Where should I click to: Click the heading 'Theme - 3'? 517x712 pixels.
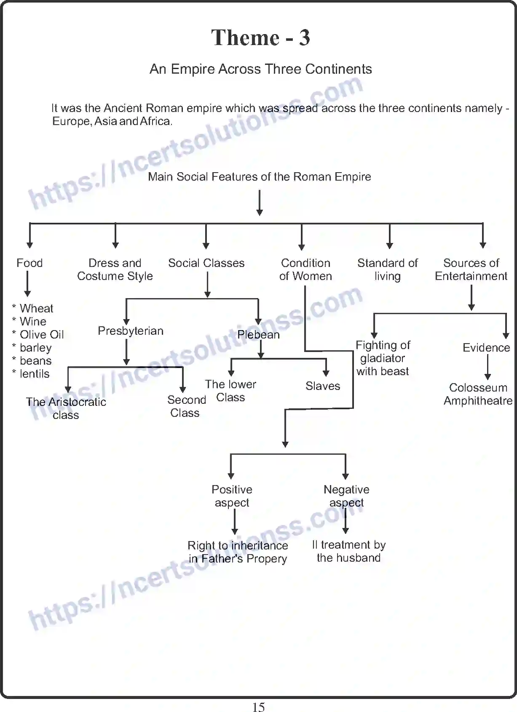click(260, 38)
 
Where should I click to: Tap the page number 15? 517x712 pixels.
click(258, 707)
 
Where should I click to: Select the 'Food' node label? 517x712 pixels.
click(29, 263)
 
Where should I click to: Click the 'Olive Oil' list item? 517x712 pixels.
click(42, 335)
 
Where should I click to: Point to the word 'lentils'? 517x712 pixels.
click(35, 374)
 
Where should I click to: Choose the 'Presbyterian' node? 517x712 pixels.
click(131, 331)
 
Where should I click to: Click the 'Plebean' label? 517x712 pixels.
click(258, 335)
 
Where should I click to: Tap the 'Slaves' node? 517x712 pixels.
click(323, 386)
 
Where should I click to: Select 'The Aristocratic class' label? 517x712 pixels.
click(66, 408)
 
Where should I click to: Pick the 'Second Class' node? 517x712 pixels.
click(186, 406)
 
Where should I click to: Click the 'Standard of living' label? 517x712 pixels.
click(387, 269)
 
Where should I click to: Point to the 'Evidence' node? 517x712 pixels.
click(486, 348)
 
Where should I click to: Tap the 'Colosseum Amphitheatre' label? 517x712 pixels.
click(478, 394)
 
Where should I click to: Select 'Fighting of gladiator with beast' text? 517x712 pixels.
click(383, 358)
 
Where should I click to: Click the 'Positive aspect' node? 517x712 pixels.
click(232, 496)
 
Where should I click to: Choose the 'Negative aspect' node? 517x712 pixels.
click(346, 496)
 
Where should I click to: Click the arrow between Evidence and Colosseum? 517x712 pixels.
click(488, 367)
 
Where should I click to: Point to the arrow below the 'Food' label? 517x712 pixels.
click(28, 284)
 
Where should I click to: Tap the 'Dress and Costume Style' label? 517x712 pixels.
click(115, 269)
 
